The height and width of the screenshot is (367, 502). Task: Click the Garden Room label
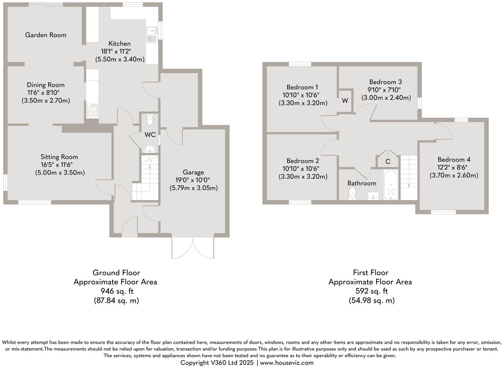tap(46, 35)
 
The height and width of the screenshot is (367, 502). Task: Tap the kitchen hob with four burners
tap(92, 110)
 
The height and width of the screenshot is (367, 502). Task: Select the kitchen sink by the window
tap(152, 34)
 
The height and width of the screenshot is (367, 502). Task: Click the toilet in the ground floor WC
tap(150, 121)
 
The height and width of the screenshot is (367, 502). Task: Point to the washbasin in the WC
tap(150, 149)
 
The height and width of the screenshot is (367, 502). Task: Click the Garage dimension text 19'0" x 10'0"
tap(193, 180)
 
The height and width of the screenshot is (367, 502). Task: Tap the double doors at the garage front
tap(193, 248)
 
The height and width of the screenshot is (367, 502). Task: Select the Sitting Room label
tap(59, 157)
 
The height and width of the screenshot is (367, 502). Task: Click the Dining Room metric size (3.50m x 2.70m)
tap(46, 101)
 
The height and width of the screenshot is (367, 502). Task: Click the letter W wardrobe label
tap(345, 101)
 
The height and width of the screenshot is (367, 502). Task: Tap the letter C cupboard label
tap(388, 162)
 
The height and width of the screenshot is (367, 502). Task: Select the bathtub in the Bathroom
tap(391, 185)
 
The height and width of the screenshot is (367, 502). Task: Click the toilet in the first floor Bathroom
tap(352, 193)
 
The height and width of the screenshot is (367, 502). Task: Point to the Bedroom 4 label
tap(454, 160)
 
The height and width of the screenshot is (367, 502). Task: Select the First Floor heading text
tap(371, 272)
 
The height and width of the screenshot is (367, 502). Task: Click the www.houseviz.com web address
tap(287, 363)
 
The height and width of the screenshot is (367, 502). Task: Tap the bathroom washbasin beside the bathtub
tap(373, 196)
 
